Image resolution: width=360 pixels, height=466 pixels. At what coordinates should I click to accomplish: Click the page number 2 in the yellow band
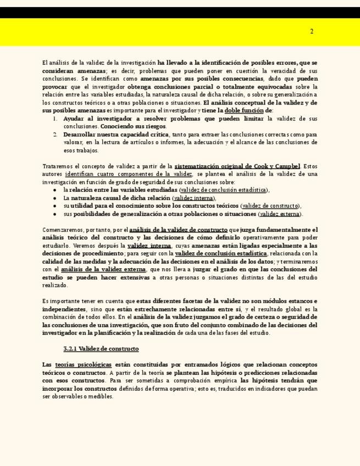312,31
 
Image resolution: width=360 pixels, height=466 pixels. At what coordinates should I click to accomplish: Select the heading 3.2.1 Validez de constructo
101,349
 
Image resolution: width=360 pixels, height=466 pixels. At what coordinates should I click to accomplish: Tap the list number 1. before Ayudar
56,119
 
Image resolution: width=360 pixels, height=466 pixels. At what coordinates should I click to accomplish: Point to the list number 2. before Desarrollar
56,135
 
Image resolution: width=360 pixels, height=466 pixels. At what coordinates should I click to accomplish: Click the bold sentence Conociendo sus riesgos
126,126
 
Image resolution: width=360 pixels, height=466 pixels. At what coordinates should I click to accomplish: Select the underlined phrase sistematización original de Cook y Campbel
237,167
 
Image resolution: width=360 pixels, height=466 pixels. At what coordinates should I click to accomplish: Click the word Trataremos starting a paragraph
57,167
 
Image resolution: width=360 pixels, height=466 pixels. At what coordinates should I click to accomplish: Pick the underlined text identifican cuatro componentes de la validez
129,174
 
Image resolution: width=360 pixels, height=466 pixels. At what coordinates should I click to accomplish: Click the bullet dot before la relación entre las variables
56,190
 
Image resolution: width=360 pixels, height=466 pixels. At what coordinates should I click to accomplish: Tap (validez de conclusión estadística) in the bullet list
224,190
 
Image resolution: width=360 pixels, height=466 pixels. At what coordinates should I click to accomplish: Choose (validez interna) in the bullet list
193,198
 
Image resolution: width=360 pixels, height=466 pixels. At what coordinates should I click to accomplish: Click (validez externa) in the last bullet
280,214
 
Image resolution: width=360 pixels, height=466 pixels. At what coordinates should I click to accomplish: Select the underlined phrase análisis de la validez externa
103,270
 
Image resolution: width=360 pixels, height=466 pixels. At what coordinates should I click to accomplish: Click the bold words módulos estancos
287,301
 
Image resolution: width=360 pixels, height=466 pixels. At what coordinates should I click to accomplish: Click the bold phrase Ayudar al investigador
95,119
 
